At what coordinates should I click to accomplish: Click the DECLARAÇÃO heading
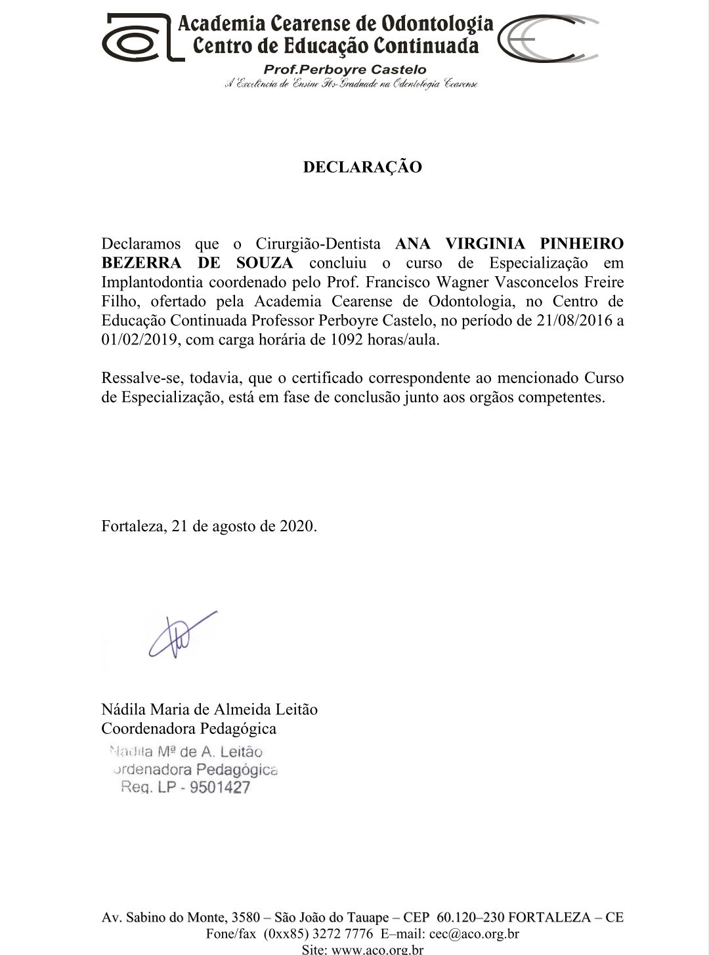pyautogui.click(x=362, y=167)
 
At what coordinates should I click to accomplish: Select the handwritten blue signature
pyautogui.click(x=181, y=635)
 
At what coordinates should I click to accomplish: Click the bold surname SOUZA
pyautogui.click(x=264, y=264)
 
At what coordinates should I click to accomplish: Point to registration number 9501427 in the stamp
pyautogui.click(x=219, y=787)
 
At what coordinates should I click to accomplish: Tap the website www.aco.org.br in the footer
pyautogui.click(x=377, y=949)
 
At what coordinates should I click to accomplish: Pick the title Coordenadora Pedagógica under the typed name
pyautogui.click(x=188, y=729)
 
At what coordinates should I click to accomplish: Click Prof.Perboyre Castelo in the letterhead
pyautogui.click(x=344, y=70)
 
